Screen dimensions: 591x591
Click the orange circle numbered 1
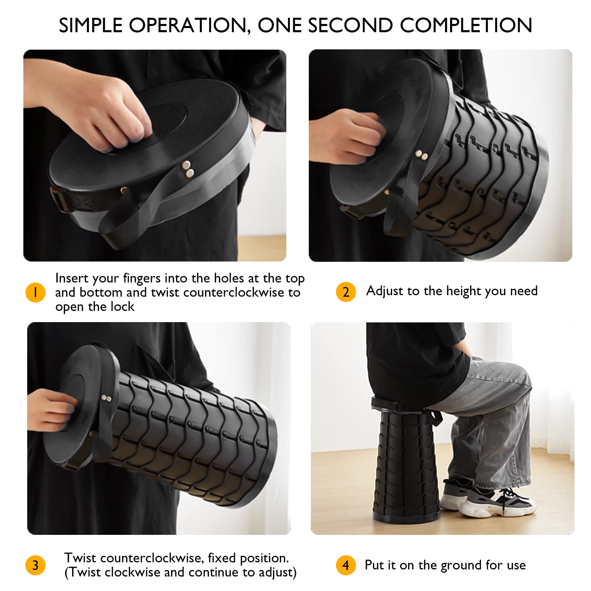(35, 293)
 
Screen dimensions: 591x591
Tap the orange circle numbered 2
(346, 292)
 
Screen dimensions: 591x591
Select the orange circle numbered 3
(35, 565)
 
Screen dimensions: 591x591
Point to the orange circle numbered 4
(346, 565)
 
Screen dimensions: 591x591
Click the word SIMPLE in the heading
(90, 25)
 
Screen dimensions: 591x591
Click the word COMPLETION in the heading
(466, 25)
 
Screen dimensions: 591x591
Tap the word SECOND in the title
(350, 25)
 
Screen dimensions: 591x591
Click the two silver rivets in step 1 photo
(188, 169)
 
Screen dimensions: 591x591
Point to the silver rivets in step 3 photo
(106, 398)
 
